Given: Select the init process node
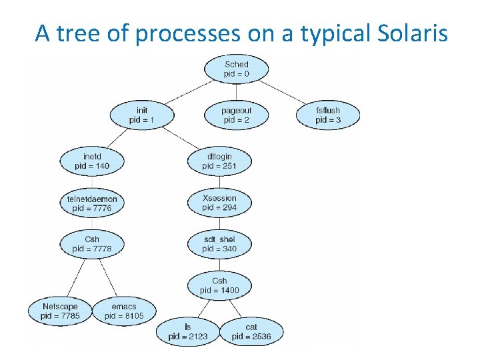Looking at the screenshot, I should coord(141,115).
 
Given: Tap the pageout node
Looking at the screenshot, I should coord(236,115).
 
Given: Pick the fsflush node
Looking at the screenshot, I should coord(328,115).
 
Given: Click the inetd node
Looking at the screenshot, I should coord(92,161).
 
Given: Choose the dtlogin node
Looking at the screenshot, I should coord(219,161).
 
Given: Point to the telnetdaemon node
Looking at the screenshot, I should coord(92,203).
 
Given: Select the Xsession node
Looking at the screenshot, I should coord(219,203).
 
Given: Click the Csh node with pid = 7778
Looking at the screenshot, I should coord(92,244).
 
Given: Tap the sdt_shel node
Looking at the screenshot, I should coord(219,244).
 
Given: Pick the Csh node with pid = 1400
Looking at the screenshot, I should coord(219,285).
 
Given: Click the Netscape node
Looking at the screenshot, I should coord(60,311).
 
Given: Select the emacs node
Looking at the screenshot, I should coord(124,311).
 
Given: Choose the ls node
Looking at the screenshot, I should coord(188,331).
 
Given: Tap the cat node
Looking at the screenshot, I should coord(251,331).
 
